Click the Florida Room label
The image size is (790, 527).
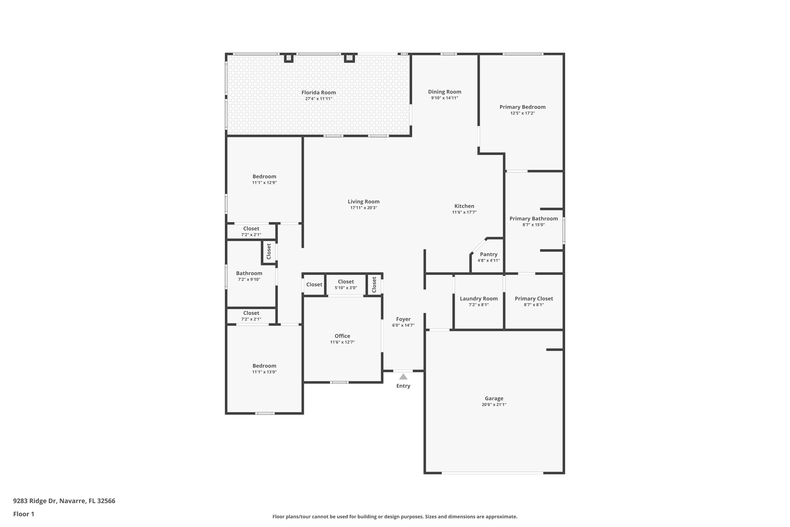coord(318,92)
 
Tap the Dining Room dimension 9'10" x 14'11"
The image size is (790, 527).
coord(445,98)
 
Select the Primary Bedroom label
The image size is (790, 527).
coord(522,107)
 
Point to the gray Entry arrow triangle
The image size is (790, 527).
coord(403,377)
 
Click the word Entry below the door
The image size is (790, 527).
coord(403,386)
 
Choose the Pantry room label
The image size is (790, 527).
coord(488,255)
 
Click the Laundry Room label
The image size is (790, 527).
coord(479,299)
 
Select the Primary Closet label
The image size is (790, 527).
coord(534,299)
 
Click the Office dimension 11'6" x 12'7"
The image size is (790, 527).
coord(342,342)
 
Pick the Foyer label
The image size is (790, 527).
coord(403,319)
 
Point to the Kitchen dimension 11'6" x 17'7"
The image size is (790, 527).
coord(464,212)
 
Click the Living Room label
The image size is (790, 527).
coord(363,202)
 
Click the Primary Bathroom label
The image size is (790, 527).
coord(534,218)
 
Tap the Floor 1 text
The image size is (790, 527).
coord(23,514)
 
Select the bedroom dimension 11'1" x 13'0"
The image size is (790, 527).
coord(264,372)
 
